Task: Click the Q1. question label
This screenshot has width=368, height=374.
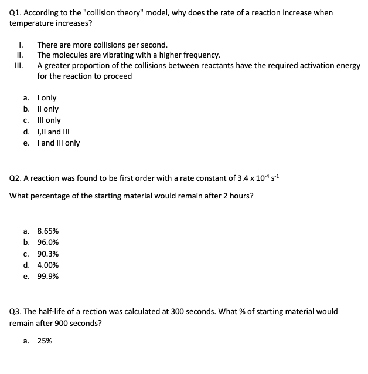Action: tap(16, 12)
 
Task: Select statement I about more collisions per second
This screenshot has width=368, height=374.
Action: tap(102, 45)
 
